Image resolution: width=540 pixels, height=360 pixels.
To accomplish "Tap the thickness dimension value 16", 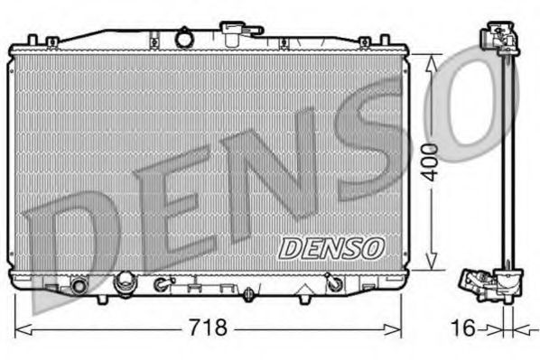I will (x=463, y=327).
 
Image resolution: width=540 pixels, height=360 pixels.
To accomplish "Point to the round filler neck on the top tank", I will (x=185, y=39).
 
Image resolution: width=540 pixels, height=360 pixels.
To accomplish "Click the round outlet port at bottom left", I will (x=78, y=286).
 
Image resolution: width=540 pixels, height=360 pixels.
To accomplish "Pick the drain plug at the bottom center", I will (x=248, y=293).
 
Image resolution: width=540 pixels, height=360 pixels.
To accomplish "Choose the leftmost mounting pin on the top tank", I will (x=33, y=41).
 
